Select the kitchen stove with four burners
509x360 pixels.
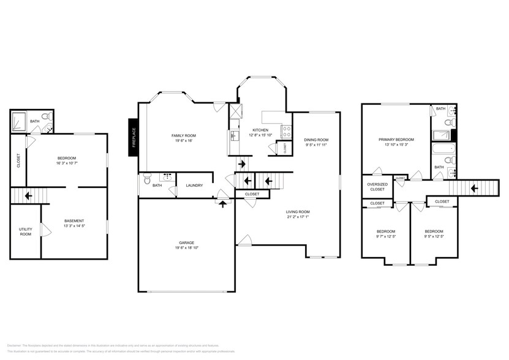pyautogui.click(x=285, y=130)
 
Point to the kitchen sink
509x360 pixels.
pyautogui.click(x=234, y=135)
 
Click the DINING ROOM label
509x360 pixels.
pyautogui.click(x=316, y=140)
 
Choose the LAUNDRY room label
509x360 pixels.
pyautogui.click(x=194, y=186)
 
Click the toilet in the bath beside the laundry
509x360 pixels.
pyautogui.click(x=146, y=180)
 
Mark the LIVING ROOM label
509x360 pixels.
pyautogui.click(x=298, y=212)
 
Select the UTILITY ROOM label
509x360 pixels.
pyautogui.click(x=25, y=231)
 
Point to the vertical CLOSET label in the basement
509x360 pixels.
pyautogui.click(x=18, y=160)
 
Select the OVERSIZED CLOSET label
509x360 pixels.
pyautogui.click(x=377, y=187)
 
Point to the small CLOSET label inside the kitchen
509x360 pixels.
pyautogui.click(x=284, y=148)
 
